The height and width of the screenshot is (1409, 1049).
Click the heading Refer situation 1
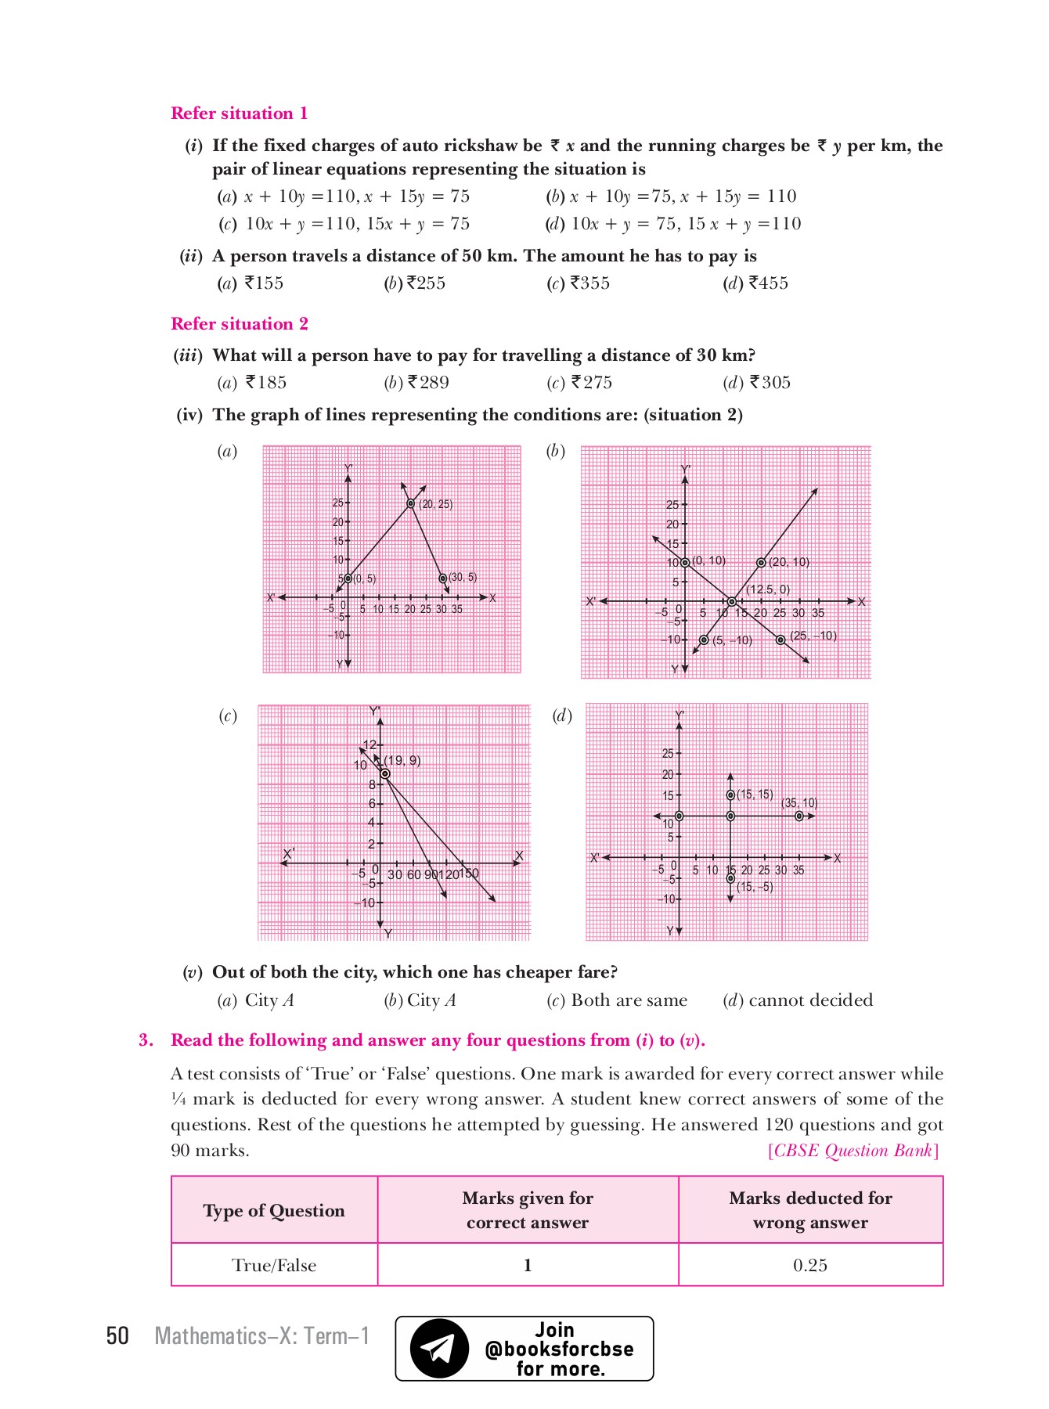tap(239, 114)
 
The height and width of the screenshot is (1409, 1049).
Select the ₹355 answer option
tap(579, 283)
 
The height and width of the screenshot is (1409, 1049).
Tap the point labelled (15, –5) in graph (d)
tap(730, 878)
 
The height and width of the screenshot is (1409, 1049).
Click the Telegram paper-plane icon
tap(438, 1349)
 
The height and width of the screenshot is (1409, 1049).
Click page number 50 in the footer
tap(117, 1335)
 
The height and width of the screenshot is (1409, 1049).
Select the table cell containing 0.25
tap(809, 1265)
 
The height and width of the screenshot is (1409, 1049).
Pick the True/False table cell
tap(274, 1265)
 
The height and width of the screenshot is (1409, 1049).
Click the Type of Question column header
tap(274, 1210)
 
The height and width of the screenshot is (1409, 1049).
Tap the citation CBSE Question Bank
tap(853, 1151)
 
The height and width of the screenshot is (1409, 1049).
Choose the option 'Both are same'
tap(618, 1000)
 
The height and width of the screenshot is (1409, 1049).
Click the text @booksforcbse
tap(559, 1349)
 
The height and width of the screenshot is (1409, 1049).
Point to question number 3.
tap(146, 1040)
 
